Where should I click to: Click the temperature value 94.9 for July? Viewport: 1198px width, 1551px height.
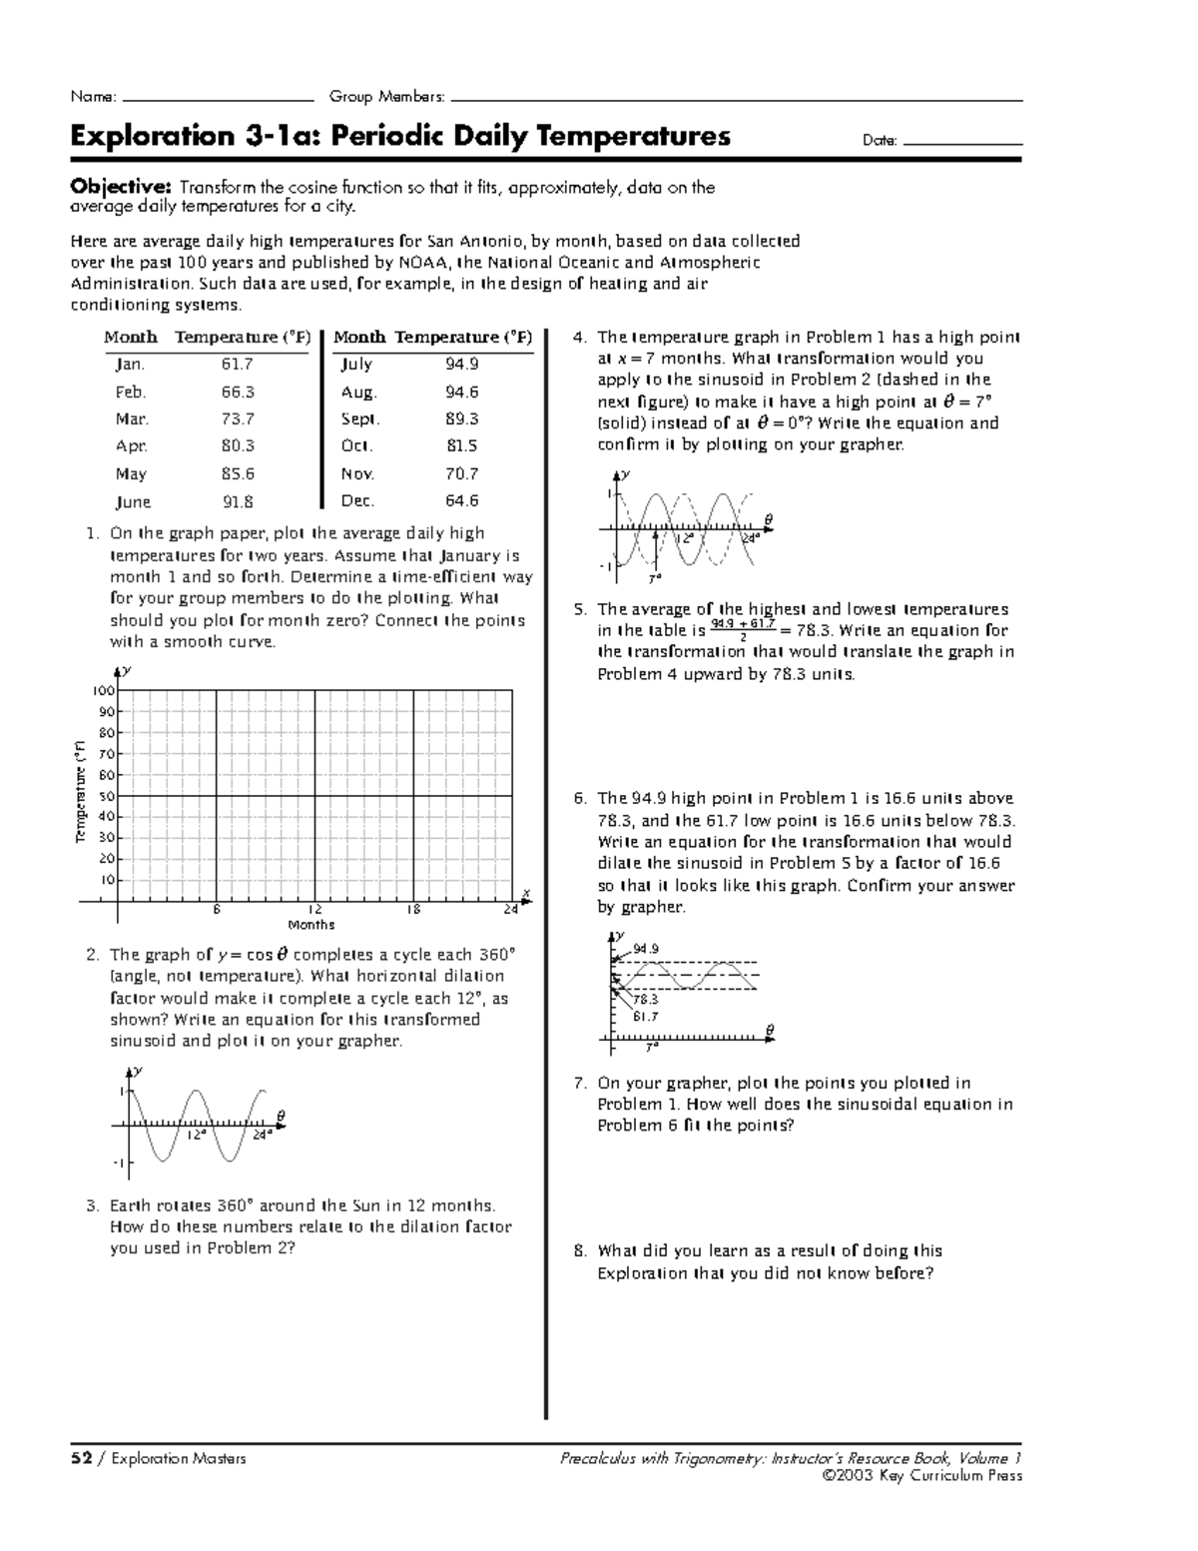tap(463, 365)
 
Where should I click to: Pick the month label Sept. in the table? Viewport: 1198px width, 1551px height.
tap(360, 419)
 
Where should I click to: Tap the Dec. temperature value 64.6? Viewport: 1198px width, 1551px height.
tap(463, 501)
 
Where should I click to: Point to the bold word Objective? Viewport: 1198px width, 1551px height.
tap(121, 187)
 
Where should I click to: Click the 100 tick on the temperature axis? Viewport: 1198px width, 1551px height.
tap(105, 691)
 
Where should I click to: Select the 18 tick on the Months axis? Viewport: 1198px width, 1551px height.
tap(413, 910)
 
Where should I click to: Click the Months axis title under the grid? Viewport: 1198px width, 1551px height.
tap(311, 925)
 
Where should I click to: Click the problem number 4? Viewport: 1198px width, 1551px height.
tap(579, 338)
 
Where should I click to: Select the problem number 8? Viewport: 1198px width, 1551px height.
tap(579, 1251)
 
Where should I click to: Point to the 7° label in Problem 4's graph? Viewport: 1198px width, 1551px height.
tap(654, 578)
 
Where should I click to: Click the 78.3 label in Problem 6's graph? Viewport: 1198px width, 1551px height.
tap(645, 999)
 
